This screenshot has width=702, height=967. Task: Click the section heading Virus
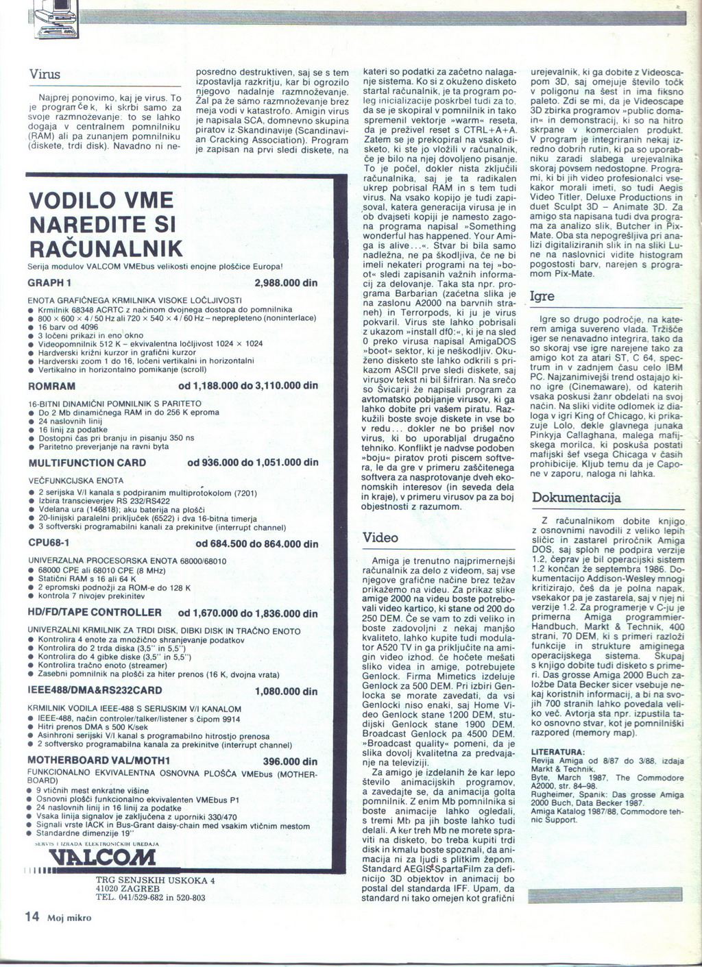click(45, 75)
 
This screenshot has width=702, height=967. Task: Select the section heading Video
click(380, 537)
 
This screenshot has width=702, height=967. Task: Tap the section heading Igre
click(543, 296)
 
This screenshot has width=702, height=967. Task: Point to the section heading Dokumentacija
click(576, 498)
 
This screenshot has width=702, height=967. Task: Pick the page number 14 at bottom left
click(32, 916)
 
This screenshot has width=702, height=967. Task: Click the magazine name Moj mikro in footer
click(69, 918)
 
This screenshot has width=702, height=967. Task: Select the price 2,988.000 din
click(286, 283)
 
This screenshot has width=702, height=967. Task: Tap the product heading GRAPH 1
click(49, 283)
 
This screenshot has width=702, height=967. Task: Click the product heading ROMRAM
click(51, 386)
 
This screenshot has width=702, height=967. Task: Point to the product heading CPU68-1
click(51, 543)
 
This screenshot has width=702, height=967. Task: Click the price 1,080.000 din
click(286, 691)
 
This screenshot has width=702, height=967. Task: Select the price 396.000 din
click(290, 761)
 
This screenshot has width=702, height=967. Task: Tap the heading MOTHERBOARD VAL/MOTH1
click(99, 761)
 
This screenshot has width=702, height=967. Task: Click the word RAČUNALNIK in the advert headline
click(106, 247)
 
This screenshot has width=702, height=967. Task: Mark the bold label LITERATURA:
click(558, 752)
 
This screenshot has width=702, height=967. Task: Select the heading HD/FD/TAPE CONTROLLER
click(95, 613)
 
